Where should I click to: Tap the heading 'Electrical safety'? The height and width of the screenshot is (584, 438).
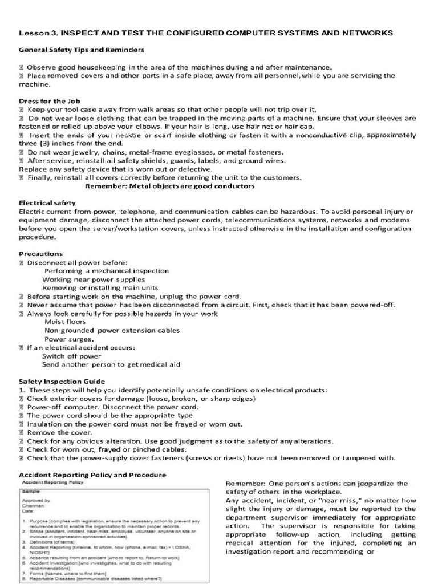click(47, 202)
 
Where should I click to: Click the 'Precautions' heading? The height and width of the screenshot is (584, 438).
click(40, 254)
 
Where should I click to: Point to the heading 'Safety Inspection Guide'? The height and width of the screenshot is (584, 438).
click(62, 382)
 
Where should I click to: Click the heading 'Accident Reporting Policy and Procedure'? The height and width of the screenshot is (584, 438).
click(93, 474)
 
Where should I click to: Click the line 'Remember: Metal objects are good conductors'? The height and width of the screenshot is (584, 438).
click(169, 186)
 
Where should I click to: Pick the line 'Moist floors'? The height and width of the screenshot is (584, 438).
click(65, 322)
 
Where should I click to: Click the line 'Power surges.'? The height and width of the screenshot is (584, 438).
click(69, 339)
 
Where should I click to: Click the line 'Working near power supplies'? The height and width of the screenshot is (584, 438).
click(94, 279)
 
